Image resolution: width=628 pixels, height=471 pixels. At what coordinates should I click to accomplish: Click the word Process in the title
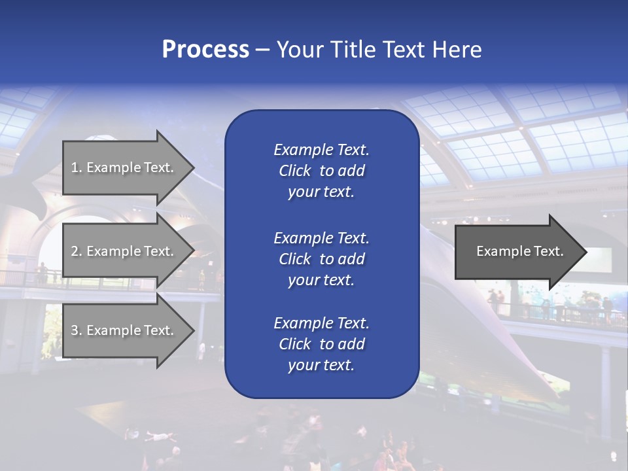click(x=205, y=50)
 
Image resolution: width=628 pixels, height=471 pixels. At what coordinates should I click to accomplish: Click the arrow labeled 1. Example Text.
click(x=124, y=167)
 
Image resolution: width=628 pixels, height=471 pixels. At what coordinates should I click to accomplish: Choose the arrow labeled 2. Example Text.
click(x=124, y=251)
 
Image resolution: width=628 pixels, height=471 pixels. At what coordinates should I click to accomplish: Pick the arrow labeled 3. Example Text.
click(x=124, y=330)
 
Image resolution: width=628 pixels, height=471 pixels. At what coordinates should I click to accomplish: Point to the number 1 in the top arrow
click(x=75, y=167)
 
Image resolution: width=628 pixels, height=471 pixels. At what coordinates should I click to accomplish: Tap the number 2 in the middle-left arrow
click(x=75, y=251)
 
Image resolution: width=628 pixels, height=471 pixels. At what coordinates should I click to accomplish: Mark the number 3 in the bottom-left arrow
click(x=75, y=330)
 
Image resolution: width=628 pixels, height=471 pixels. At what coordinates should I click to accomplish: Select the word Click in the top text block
click(x=295, y=171)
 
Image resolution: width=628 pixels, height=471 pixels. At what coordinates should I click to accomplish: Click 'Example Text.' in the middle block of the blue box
click(x=321, y=237)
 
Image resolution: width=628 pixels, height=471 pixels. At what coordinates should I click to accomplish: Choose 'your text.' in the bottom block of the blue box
click(x=321, y=366)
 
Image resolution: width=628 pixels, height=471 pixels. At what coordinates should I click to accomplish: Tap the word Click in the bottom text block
click(x=295, y=344)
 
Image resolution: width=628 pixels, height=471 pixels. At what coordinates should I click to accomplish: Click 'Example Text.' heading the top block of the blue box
click(x=321, y=150)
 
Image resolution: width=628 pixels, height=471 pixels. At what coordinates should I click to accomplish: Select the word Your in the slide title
click(x=300, y=50)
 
